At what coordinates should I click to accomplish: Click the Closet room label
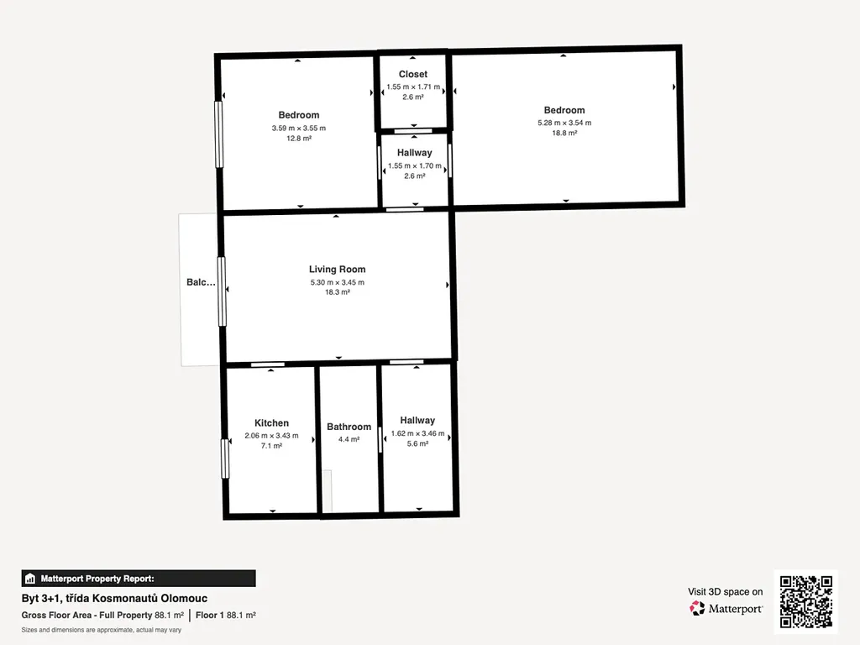[413, 74]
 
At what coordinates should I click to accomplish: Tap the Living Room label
[338, 270]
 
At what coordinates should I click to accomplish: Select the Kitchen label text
[271, 423]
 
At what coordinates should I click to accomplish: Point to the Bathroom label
[349, 427]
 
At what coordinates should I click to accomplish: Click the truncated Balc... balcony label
[201, 282]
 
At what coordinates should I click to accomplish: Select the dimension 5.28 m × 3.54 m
[564, 123]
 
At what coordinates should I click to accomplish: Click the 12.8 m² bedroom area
[299, 139]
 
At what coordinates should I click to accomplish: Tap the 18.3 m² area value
[338, 292]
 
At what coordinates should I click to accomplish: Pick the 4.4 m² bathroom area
[349, 439]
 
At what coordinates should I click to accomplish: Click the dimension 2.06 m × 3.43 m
[271, 436]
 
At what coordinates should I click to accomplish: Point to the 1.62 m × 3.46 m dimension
[417, 433]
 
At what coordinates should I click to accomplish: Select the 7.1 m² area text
[271, 446]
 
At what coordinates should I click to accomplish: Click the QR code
[805, 601]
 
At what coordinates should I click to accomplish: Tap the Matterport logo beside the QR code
[726, 608]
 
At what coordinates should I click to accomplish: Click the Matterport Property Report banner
[139, 579]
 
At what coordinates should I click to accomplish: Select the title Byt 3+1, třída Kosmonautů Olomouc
[114, 598]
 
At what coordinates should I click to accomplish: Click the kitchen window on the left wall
[225, 459]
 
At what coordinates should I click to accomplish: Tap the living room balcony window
[222, 291]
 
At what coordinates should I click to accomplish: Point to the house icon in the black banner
[30, 579]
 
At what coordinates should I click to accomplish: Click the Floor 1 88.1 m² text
[225, 616]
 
